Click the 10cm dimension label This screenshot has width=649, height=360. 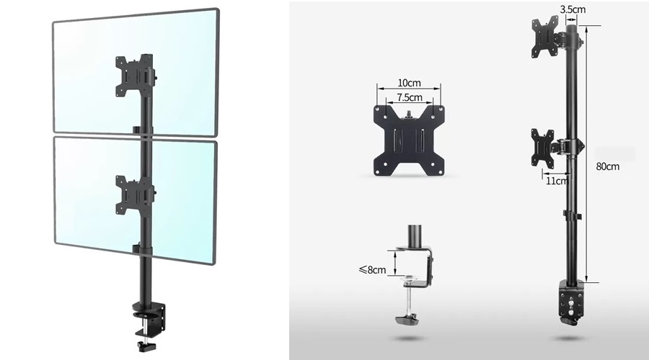409,83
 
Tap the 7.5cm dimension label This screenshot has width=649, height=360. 410,97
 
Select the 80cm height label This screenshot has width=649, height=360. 608,166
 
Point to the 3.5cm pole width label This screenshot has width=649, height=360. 573,9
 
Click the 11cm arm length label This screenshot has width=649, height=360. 557,181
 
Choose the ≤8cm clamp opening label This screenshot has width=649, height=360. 372,270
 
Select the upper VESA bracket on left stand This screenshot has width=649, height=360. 135,76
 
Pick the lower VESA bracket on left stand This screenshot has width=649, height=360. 135,196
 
